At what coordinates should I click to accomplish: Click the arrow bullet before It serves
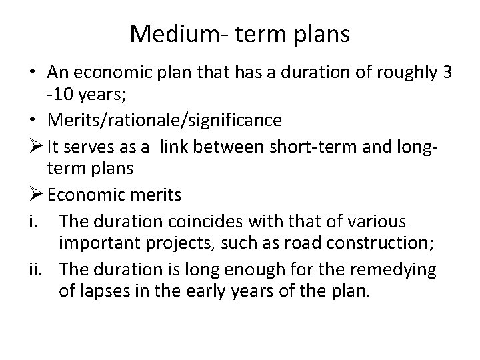(34, 145)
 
